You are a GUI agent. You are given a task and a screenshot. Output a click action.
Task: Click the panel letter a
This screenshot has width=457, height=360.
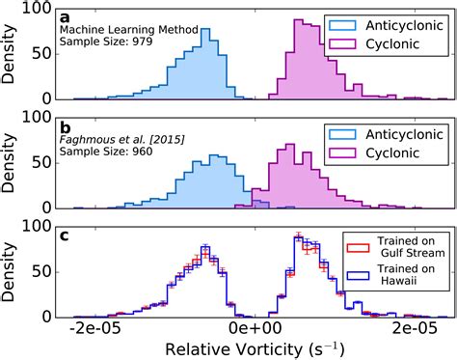point(65,17)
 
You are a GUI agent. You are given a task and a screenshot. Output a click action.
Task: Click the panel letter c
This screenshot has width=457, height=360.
point(65,235)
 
